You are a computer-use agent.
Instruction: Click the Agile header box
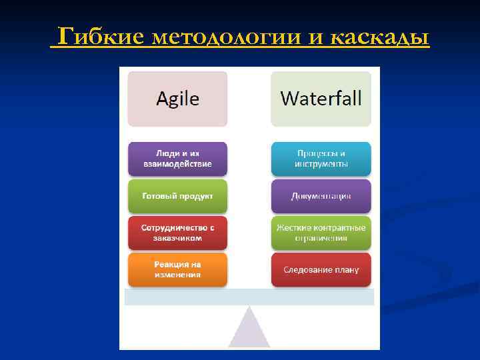click(x=177, y=99)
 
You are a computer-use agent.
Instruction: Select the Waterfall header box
click(x=321, y=99)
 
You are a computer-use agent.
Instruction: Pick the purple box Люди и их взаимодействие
click(x=177, y=159)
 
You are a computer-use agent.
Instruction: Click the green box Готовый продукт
click(x=177, y=196)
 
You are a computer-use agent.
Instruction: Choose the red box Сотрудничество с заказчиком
click(x=177, y=233)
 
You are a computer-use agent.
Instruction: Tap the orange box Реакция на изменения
click(x=177, y=269)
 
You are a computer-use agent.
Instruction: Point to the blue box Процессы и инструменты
click(x=321, y=159)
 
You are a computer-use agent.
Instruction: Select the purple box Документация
click(x=321, y=196)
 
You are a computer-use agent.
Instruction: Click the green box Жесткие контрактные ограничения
click(x=321, y=233)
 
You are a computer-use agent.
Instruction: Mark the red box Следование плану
click(x=321, y=269)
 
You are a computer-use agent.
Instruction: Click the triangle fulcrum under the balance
click(x=249, y=331)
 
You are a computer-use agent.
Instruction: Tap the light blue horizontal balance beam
click(x=249, y=297)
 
